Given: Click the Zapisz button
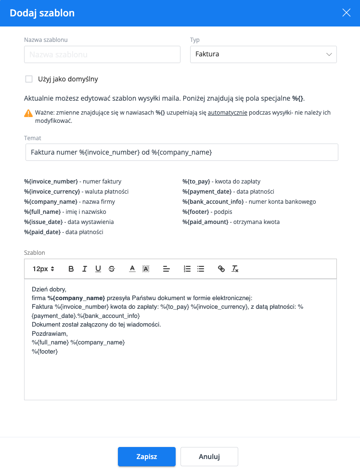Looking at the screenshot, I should [x=147, y=457].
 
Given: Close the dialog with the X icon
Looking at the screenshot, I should [x=346, y=13].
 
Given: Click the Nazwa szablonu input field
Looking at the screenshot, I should [x=102, y=54].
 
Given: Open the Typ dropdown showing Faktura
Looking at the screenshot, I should [x=263, y=54].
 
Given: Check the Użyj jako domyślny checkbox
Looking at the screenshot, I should [x=29, y=79].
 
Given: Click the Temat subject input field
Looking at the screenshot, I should [x=181, y=152].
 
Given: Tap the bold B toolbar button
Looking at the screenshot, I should [x=71, y=269].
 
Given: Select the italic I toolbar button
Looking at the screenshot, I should [x=85, y=269].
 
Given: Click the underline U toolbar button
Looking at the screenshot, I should [x=98, y=269].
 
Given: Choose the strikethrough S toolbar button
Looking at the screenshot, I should [x=112, y=269].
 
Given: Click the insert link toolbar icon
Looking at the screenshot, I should [x=221, y=269].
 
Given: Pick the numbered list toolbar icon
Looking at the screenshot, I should [x=187, y=269].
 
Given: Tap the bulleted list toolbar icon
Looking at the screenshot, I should [x=201, y=269].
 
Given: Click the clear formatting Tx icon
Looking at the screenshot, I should [x=235, y=269].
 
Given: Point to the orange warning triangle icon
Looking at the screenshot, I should [x=28, y=113].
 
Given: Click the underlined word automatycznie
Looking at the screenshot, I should [x=228, y=113].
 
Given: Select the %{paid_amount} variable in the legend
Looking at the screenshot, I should [x=205, y=222].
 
